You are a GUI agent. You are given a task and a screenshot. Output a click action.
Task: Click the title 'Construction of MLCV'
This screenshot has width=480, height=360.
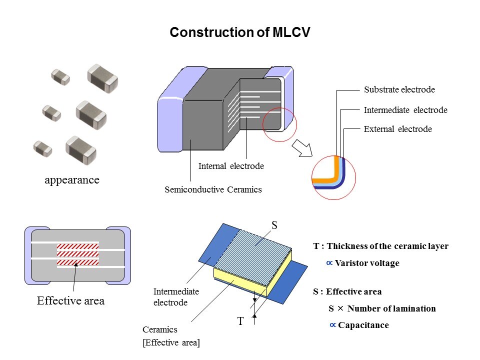coord(240,32)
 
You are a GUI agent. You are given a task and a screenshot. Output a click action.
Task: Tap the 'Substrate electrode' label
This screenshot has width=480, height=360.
coord(399,90)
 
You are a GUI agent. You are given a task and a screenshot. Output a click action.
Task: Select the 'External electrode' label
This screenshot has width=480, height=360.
coord(397,129)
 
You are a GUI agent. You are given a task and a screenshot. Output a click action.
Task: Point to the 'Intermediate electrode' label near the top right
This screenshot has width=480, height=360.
coord(405,110)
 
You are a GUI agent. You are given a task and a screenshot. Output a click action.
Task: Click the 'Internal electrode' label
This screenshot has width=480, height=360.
coord(230,166)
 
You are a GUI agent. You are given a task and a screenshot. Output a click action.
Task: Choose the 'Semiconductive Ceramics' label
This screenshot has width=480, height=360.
coord(213,189)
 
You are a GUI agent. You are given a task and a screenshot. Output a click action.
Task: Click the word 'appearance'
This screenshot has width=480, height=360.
coord(72,180)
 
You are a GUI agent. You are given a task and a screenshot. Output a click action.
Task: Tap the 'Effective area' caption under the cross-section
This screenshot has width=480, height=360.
coord(70,301)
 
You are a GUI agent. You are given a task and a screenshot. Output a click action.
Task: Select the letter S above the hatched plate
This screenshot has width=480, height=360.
coord(274,226)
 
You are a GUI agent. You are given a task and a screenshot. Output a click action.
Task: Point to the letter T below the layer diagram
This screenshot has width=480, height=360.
coord(240,321)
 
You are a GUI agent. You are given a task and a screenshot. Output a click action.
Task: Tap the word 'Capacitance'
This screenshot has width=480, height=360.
coord(363,325)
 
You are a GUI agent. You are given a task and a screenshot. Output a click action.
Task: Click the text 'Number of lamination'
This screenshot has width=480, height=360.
coord(391,308)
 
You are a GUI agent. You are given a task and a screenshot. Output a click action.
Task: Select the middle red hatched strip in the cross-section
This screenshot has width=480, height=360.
coord(77,254)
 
